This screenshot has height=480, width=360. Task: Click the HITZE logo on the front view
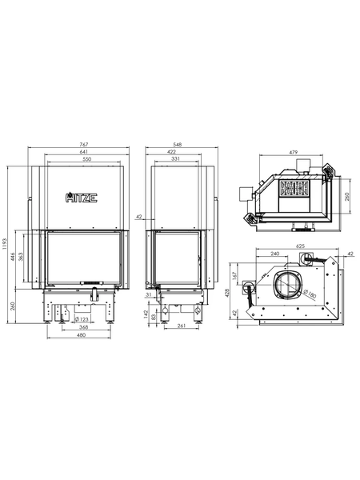(x=82, y=198)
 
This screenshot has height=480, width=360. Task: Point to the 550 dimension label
(x=87, y=159)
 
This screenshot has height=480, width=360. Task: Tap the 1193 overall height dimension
(x=4, y=244)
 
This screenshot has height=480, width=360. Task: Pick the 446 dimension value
(x=13, y=257)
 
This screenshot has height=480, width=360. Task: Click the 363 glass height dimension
(x=21, y=257)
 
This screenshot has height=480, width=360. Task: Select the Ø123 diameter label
(x=82, y=319)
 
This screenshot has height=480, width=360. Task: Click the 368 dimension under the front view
(x=83, y=327)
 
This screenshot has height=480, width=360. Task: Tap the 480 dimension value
(x=82, y=335)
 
